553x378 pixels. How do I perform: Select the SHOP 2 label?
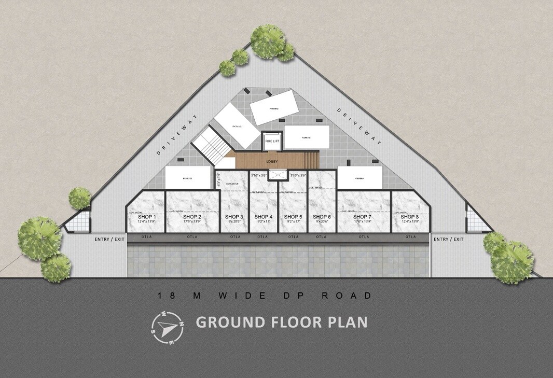[192, 216]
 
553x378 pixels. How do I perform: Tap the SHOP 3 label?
[234, 216]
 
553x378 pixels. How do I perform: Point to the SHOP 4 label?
[264, 216]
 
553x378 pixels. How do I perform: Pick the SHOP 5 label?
[293, 216]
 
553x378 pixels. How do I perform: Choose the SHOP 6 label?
[322, 216]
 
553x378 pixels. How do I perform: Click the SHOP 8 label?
[410, 216]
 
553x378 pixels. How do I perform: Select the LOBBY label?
[272, 161]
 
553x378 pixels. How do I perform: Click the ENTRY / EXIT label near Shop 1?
[109, 239]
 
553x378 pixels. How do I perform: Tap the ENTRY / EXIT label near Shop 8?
[449, 239]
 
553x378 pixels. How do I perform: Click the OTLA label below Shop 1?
[146, 237]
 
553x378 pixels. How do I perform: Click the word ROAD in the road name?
[347, 296]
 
